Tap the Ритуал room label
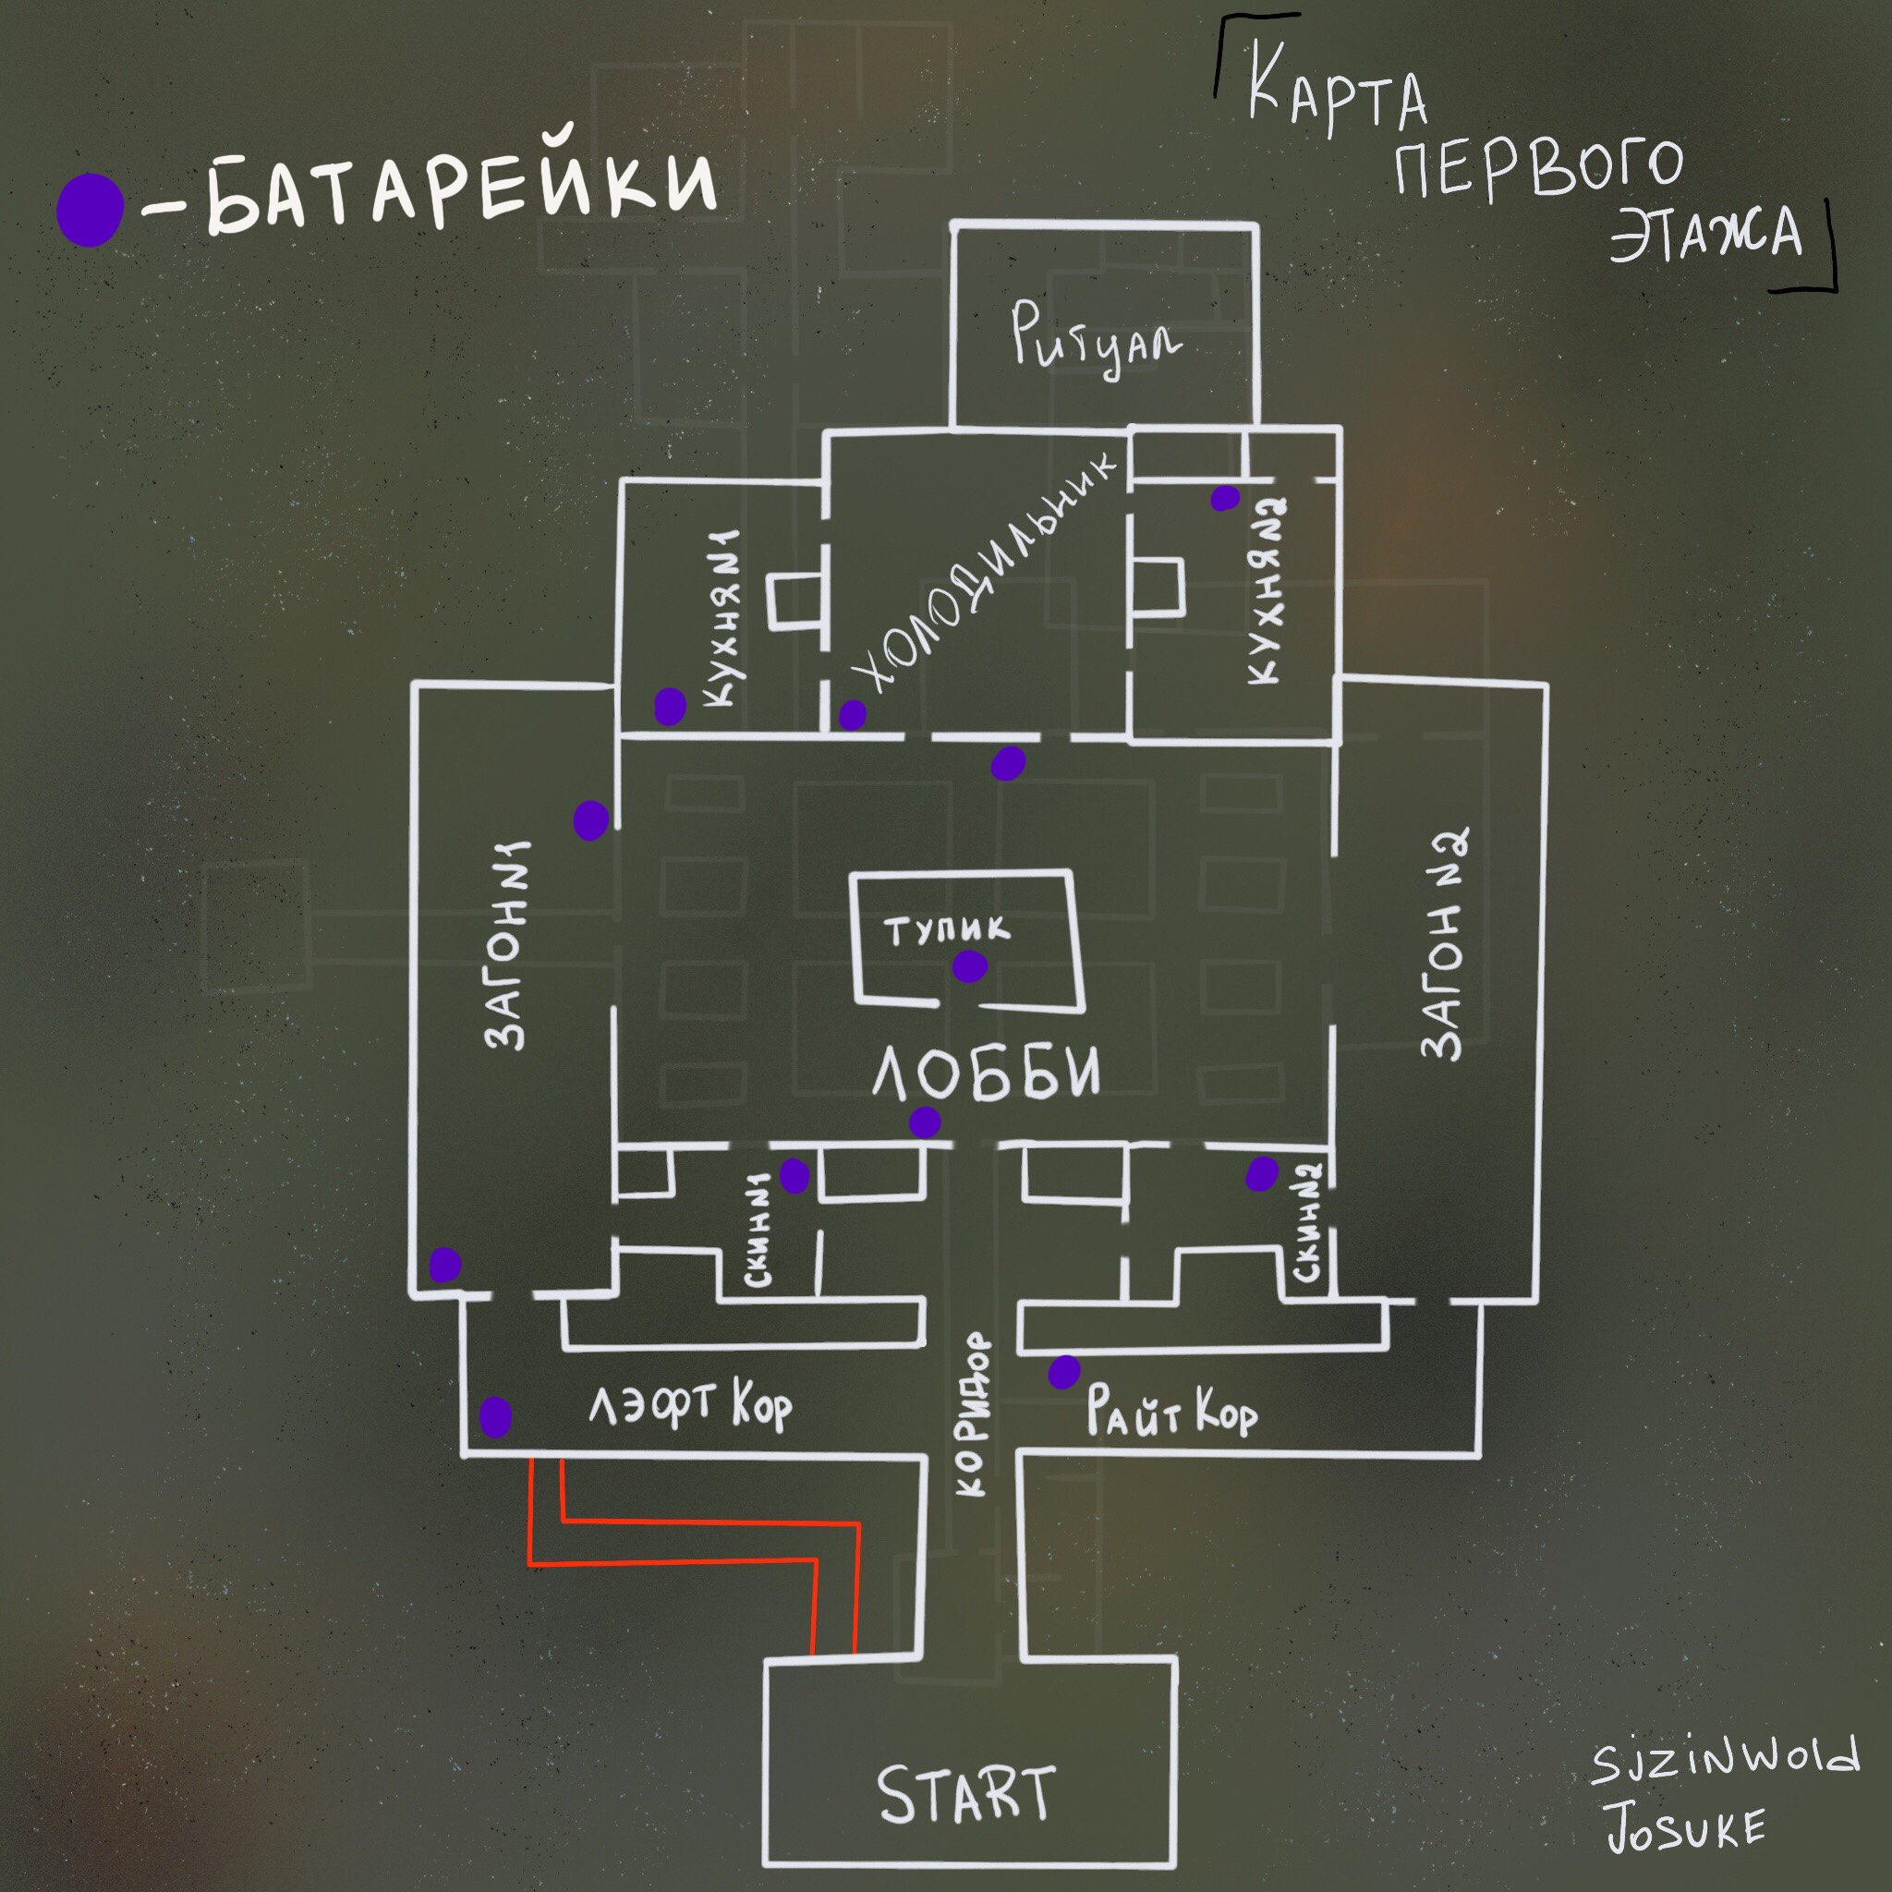(1098, 338)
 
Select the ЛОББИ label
(985, 1071)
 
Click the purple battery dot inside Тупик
(969, 966)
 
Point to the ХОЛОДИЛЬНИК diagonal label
(982, 572)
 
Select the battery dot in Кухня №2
(1224, 499)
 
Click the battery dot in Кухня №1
(670, 706)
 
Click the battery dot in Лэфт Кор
(495, 1417)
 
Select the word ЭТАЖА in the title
(1705, 234)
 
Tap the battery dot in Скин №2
(1262, 1172)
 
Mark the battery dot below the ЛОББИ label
(926, 1122)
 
